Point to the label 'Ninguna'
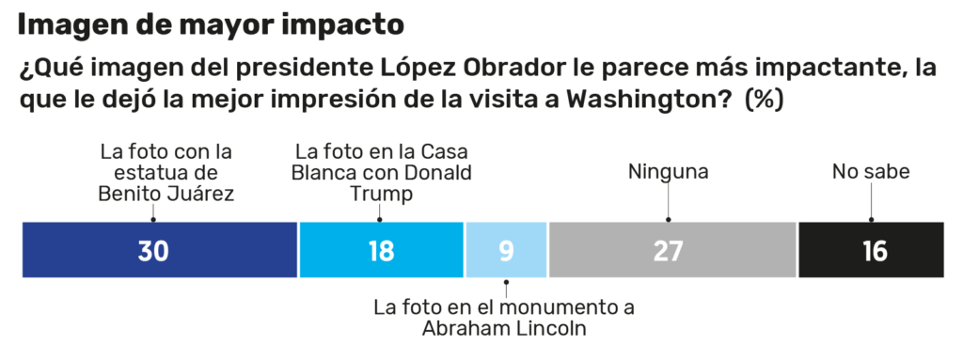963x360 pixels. (668, 172)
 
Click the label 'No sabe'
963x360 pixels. (871, 172)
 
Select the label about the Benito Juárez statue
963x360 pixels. (166, 172)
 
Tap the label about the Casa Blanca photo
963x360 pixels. (383, 172)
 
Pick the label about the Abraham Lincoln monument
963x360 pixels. (504, 318)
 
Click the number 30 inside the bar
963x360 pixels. (152, 252)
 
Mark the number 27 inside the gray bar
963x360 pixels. (668, 252)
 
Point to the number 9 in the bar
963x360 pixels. (506, 252)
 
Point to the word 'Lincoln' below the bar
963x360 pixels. (555, 329)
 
